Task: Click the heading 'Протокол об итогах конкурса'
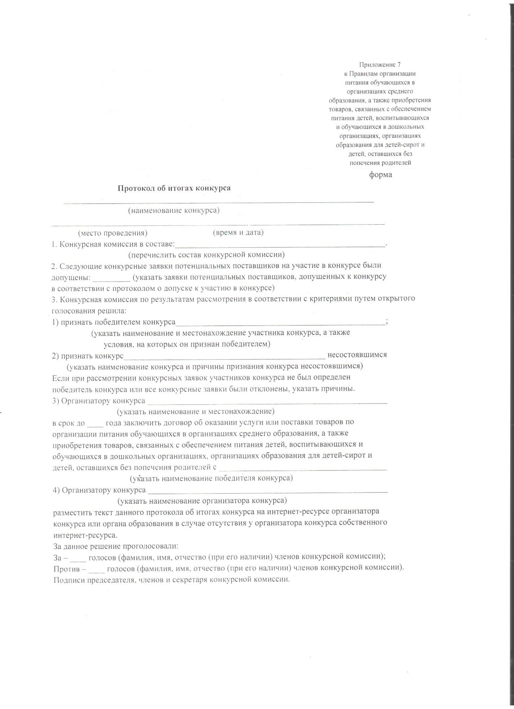coord(174,188)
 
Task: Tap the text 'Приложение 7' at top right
coord(380,65)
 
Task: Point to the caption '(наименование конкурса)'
coord(174,211)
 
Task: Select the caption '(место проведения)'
coord(113,233)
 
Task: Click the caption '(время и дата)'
coord(238,233)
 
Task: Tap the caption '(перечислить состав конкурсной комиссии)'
coord(207,255)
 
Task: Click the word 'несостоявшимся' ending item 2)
coord(357,355)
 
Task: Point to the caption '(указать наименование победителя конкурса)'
coord(211,478)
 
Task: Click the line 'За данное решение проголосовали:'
coord(116,546)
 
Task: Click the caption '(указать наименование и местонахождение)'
coord(196,411)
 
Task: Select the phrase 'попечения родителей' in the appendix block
coord(380,162)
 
